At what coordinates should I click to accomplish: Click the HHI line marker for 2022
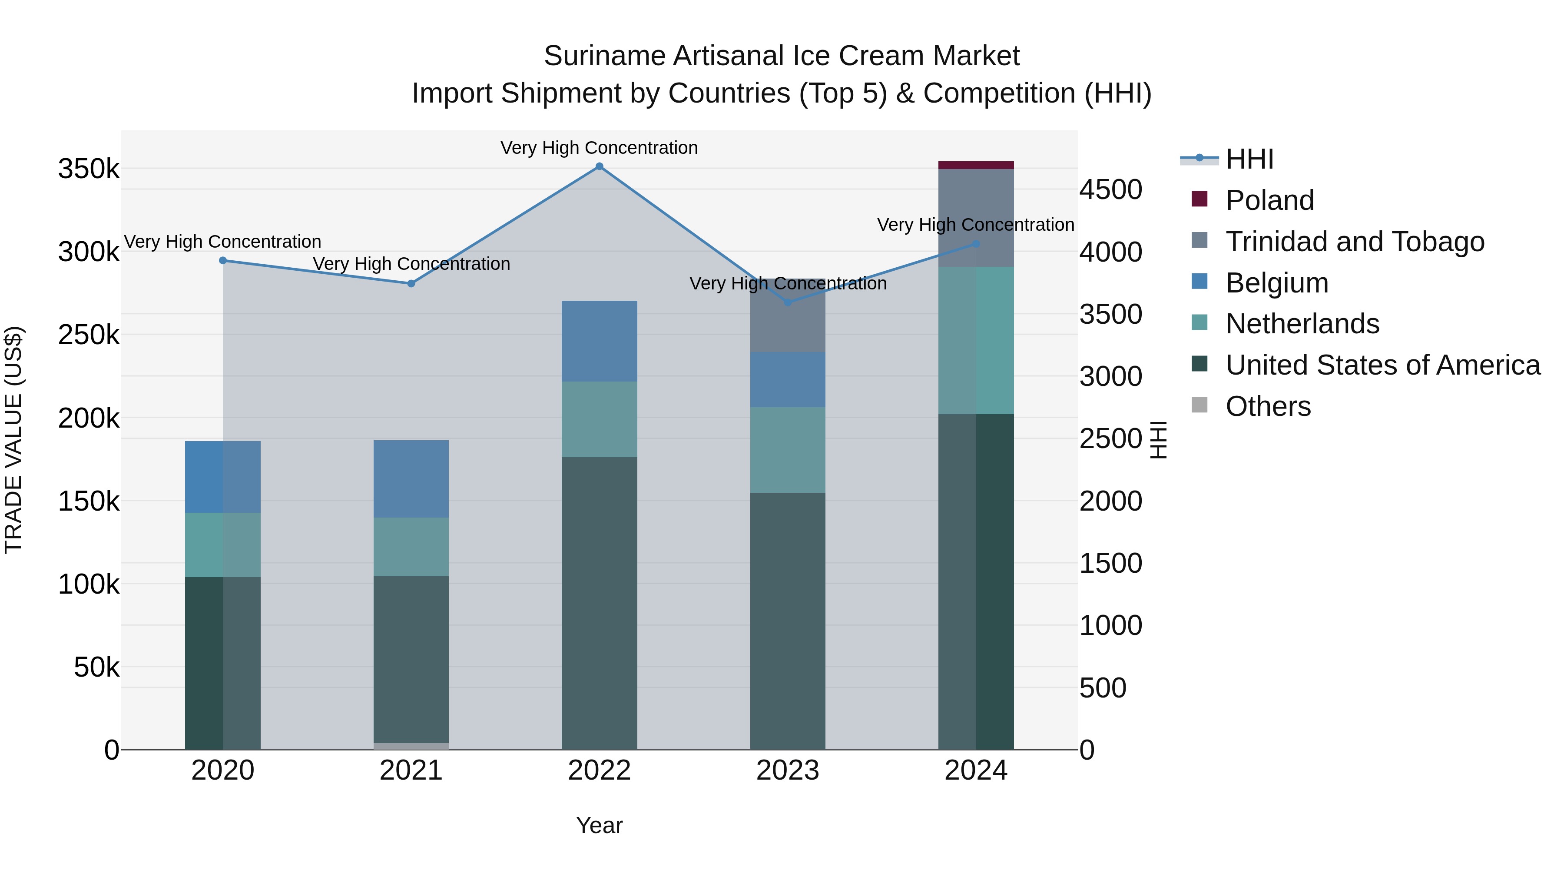pyautogui.click(x=599, y=166)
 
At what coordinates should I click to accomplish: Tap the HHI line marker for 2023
pyautogui.click(x=788, y=302)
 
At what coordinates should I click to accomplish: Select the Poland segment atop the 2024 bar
pyautogui.click(x=976, y=165)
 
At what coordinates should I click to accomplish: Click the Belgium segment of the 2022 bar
pyautogui.click(x=599, y=341)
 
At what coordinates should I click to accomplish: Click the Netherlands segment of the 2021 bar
pyautogui.click(x=411, y=547)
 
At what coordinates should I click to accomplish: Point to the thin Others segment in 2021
pyautogui.click(x=411, y=746)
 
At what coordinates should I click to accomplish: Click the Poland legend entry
pyautogui.click(x=1269, y=200)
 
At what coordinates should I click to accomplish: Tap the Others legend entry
pyautogui.click(x=1268, y=406)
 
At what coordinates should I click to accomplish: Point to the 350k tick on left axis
pyautogui.click(x=89, y=169)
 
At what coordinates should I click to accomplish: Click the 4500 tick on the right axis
pyautogui.click(x=1110, y=189)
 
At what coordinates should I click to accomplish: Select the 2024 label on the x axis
pyautogui.click(x=976, y=770)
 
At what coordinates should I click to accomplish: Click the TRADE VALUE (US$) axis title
pyautogui.click(x=13, y=440)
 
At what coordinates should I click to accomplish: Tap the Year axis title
pyautogui.click(x=599, y=825)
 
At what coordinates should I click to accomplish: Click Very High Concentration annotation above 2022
pyautogui.click(x=599, y=148)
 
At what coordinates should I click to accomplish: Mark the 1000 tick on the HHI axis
pyautogui.click(x=1110, y=625)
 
